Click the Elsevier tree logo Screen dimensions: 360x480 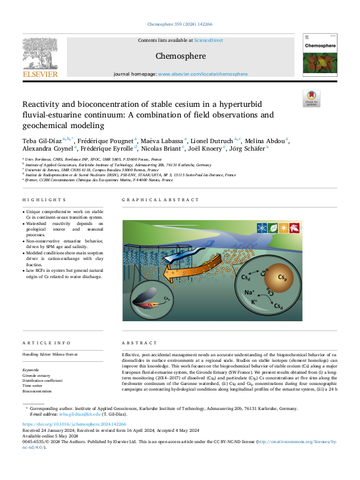click(39, 54)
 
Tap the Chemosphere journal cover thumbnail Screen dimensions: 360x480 click(319, 57)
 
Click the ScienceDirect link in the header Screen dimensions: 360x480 click(208, 40)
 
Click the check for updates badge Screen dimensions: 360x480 click(311, 98)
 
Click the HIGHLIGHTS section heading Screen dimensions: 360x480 click(44, 200)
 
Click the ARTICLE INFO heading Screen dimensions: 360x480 click(44, 343)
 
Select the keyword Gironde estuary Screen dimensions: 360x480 click(37, 375)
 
